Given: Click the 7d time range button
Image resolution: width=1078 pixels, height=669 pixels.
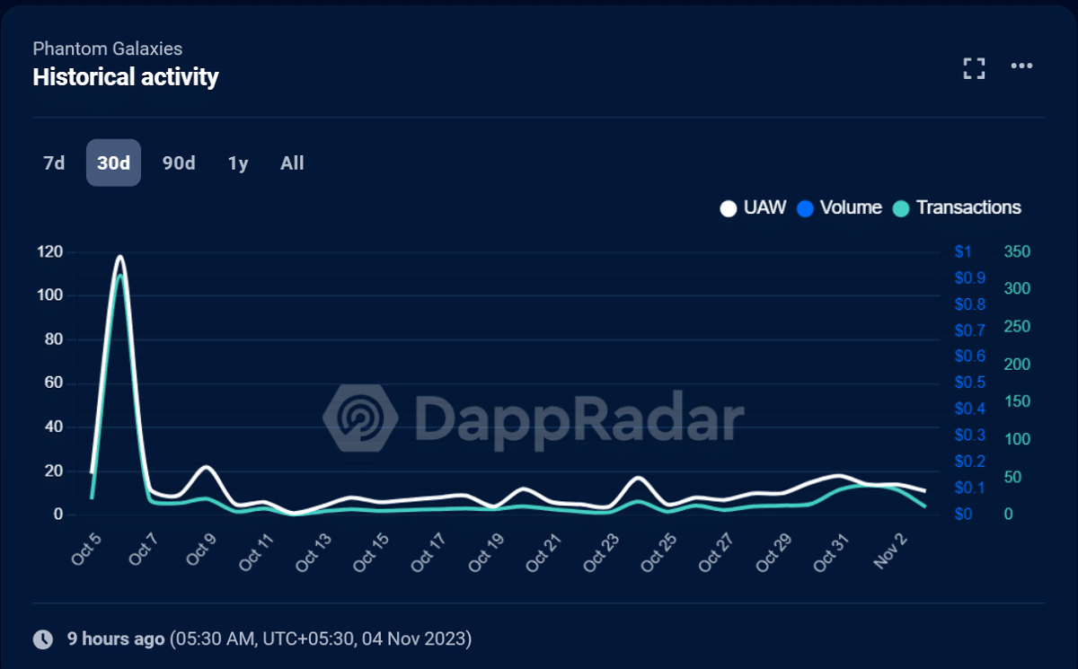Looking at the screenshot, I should point(54,163).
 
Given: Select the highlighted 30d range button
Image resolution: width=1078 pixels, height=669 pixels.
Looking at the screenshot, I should point(113,163).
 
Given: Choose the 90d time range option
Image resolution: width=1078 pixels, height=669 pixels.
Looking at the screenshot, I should point(179,163).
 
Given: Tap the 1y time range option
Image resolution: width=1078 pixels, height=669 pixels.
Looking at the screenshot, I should point(238,163).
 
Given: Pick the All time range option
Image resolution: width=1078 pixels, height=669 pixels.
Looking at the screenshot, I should point(292,163).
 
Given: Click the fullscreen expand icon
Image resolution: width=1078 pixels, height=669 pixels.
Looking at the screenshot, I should point(974,68).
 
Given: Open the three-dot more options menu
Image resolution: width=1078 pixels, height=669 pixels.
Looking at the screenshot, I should point(1021,66).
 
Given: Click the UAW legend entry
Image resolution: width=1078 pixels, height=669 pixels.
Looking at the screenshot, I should point(753,207).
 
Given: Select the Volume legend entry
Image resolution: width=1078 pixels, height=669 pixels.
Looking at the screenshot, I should point(839,207).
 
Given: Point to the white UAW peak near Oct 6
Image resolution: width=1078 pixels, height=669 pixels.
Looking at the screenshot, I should point(119,257).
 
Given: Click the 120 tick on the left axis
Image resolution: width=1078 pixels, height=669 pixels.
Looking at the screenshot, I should point(50,251).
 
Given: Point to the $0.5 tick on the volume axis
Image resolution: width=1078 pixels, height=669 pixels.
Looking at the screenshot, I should point(970,383).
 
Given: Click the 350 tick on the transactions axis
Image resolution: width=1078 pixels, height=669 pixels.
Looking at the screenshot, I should point(1017,251).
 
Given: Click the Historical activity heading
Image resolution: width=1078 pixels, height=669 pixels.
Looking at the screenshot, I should point(126,76).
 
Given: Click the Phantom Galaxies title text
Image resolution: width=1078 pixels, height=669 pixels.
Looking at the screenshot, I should point(108,48).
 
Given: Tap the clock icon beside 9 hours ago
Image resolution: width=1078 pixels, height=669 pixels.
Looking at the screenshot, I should point(43,639).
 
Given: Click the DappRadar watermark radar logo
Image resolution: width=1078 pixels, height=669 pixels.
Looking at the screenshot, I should point(360,418).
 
